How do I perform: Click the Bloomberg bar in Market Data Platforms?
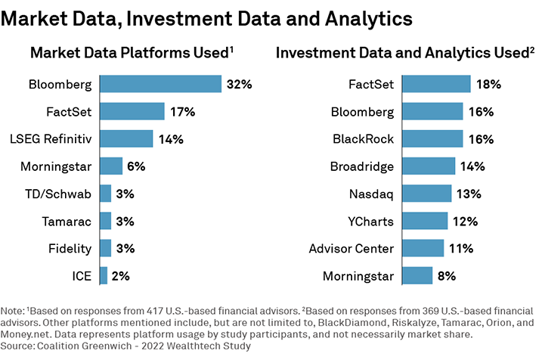click(160, 84)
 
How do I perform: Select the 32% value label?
click(238, 84)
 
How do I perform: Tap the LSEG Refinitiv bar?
click(126, 139)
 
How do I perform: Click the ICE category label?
click(81, 276)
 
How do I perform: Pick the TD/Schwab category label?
click(58, 194)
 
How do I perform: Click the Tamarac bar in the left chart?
click(105, 221)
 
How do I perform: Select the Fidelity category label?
click(70, 249)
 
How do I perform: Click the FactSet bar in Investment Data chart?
click(436, 84)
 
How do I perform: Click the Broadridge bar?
click(429, 166)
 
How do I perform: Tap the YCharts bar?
click(425, 221)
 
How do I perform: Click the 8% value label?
click(446, 276)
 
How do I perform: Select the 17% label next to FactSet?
click(181, 112)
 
